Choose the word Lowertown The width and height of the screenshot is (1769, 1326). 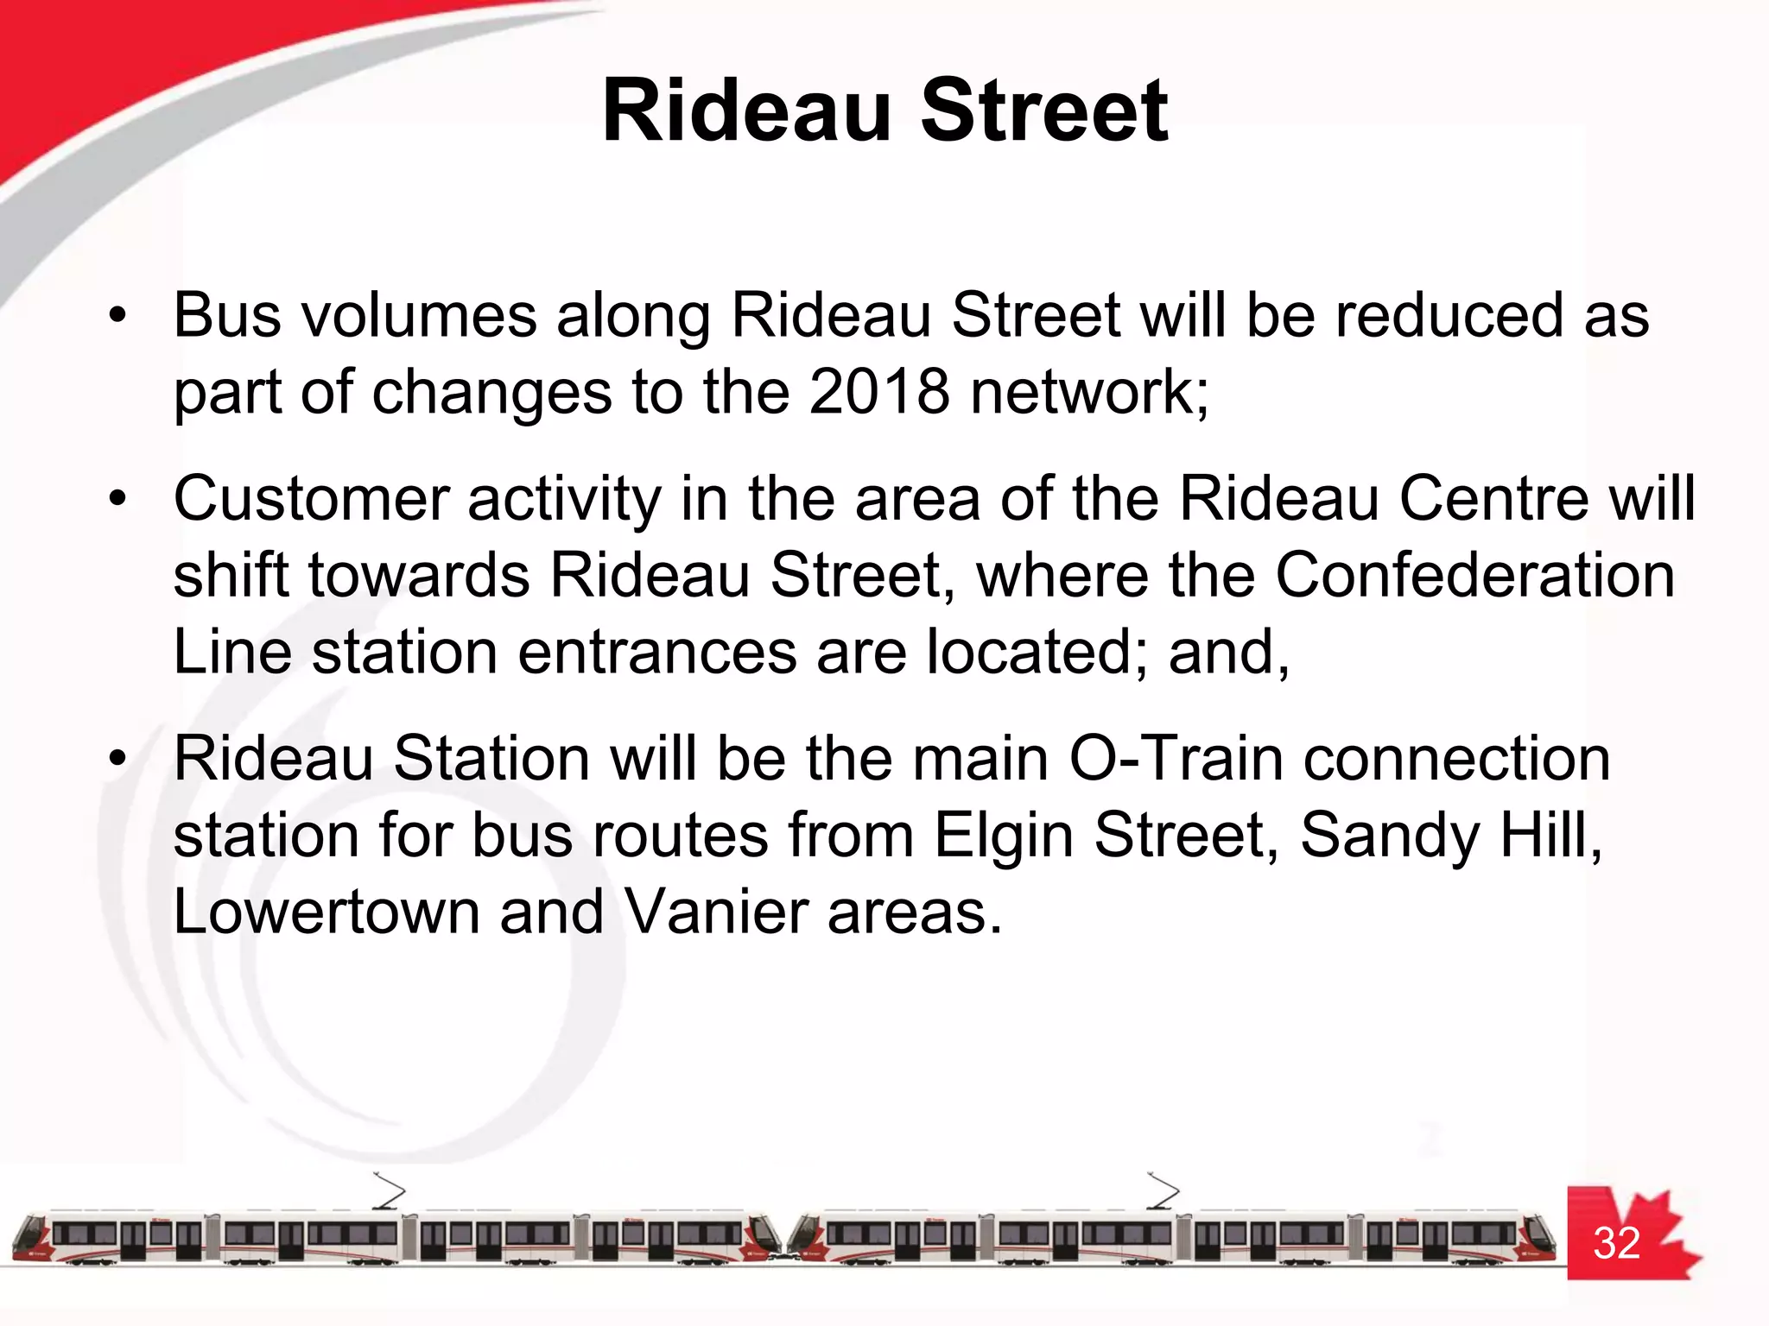[327, 912]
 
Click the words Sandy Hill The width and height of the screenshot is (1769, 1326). [1451, 836]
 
